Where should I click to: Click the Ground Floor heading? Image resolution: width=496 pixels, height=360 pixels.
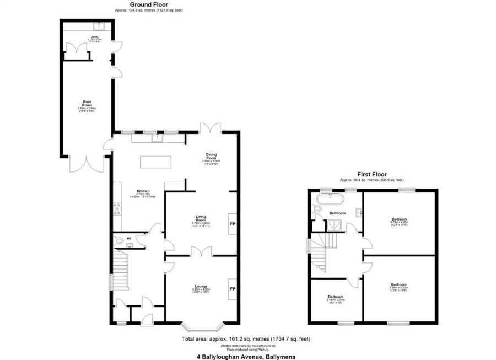point(149,4)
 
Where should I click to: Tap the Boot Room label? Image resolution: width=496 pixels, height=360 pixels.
point(87,103)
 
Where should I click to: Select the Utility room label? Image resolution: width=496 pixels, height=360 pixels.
point(95,37)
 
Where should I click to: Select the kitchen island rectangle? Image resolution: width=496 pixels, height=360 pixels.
point(156,162)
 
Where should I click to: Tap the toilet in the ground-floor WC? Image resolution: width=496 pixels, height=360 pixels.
point(120,241)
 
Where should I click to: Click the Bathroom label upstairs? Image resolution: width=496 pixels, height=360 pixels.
point(337,213)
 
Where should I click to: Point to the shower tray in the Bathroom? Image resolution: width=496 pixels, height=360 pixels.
point(333,224)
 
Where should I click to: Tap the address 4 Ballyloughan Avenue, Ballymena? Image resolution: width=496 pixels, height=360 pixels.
point(247,356)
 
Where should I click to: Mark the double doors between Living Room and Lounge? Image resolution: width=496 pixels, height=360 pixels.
point(200,252)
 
